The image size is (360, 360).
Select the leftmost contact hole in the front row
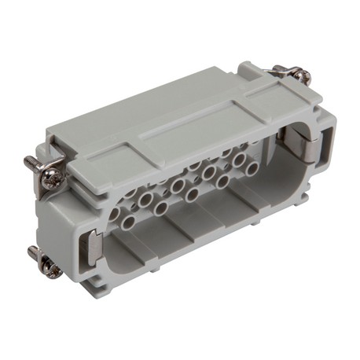[x=128, y=223]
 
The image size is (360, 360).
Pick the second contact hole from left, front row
[x=160, y=208]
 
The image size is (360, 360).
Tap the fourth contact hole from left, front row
[x=223, y=181]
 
